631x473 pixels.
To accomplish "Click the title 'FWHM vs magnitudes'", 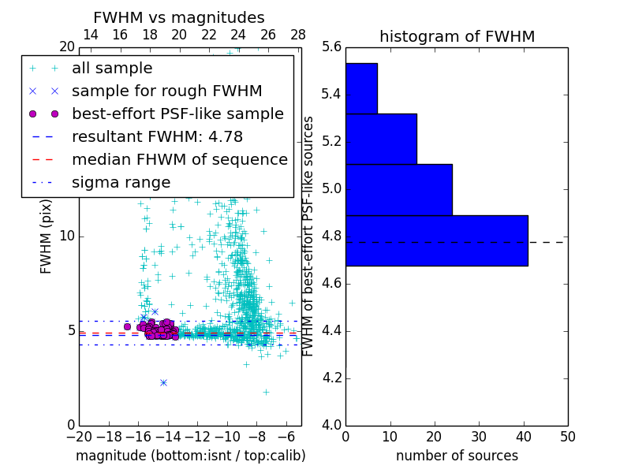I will [x=179, y=17].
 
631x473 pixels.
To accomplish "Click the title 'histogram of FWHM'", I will [x=457, y=36].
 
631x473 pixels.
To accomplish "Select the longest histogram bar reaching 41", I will [x=436, y=240].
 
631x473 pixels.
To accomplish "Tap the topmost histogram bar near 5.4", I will [x=361, y=88].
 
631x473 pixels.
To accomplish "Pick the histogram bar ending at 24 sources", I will [x=398, y=189].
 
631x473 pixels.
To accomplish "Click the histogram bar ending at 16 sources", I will [x=381, y=139].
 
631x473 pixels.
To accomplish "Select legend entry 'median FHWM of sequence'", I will [x=179, y=159].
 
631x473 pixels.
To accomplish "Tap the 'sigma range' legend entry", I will [x=121, y=183].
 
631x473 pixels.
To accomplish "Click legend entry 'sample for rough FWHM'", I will [x=166, y=91].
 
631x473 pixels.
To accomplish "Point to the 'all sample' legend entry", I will [x=112, y=69].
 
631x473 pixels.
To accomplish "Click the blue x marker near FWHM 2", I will [x=163, y=382].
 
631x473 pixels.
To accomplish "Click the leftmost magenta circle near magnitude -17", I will [x=127, y=326].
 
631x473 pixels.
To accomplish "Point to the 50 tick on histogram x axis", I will [x=567, y=437].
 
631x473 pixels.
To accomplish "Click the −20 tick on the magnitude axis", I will [x=79, y=437].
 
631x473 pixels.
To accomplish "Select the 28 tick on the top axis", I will [x=298, y=35].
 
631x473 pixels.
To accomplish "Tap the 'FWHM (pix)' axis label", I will [x=47, y=236].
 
